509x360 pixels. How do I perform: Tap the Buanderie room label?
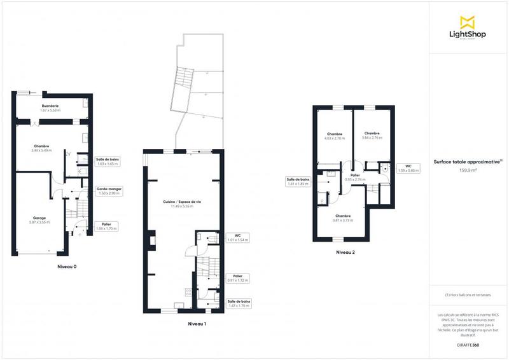pyautogui.click(x=51, y=108)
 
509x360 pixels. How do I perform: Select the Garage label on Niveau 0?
pyautogui.click(x=40, y=220)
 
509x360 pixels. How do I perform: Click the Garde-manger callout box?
pyautogui.click(x=109, y=191)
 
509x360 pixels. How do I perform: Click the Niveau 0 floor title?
pyautogui.click(x=67, y=267)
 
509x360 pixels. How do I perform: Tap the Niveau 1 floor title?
pyautogui.click(x=197, y=324)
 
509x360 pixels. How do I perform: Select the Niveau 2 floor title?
pyautogui.click(x=345, y=253)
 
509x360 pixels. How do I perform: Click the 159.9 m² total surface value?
pyautogui.click(x=468, y=170)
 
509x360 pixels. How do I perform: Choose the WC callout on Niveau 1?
pyautogui.click(x=237, y=238)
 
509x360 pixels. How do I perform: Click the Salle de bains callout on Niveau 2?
pyautogui.click(x=298, y=181)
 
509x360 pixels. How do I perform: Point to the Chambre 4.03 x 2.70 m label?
pyautogui.click(x=334, y=135)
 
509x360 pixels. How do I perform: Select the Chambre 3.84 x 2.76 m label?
pyautogui.click(x=372, y=135)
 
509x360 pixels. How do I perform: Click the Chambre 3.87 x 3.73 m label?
pyautogui.click(x=344, y=218)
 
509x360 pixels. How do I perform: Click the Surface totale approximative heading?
pyautogui.click(x=468, y=162)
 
